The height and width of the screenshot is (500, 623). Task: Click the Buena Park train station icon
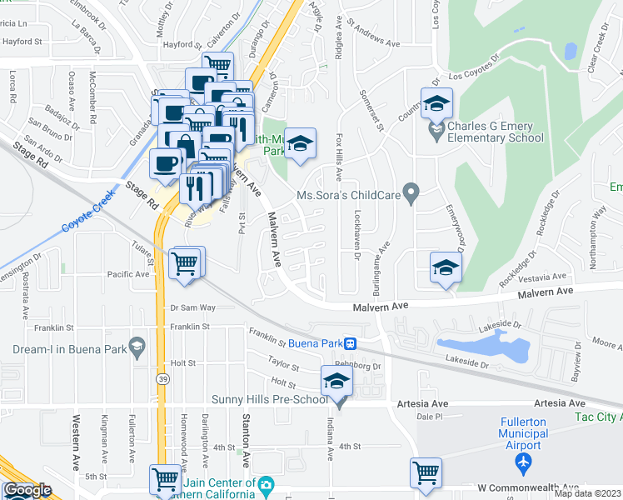pyautogui.click(x=351, y=342)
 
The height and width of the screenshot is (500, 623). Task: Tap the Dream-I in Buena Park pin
pyautogui.click(x=138, y=346)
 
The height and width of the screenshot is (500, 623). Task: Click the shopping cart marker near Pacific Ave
pyautogui.click(x=186, y=264)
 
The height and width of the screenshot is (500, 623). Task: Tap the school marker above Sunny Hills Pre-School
pyautogui.click(x=337, y=382)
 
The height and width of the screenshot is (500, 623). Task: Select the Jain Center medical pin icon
pyautogui.click(x=265, y=483)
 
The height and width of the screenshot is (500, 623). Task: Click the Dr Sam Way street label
pyautogui.click(x=192, y=307)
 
